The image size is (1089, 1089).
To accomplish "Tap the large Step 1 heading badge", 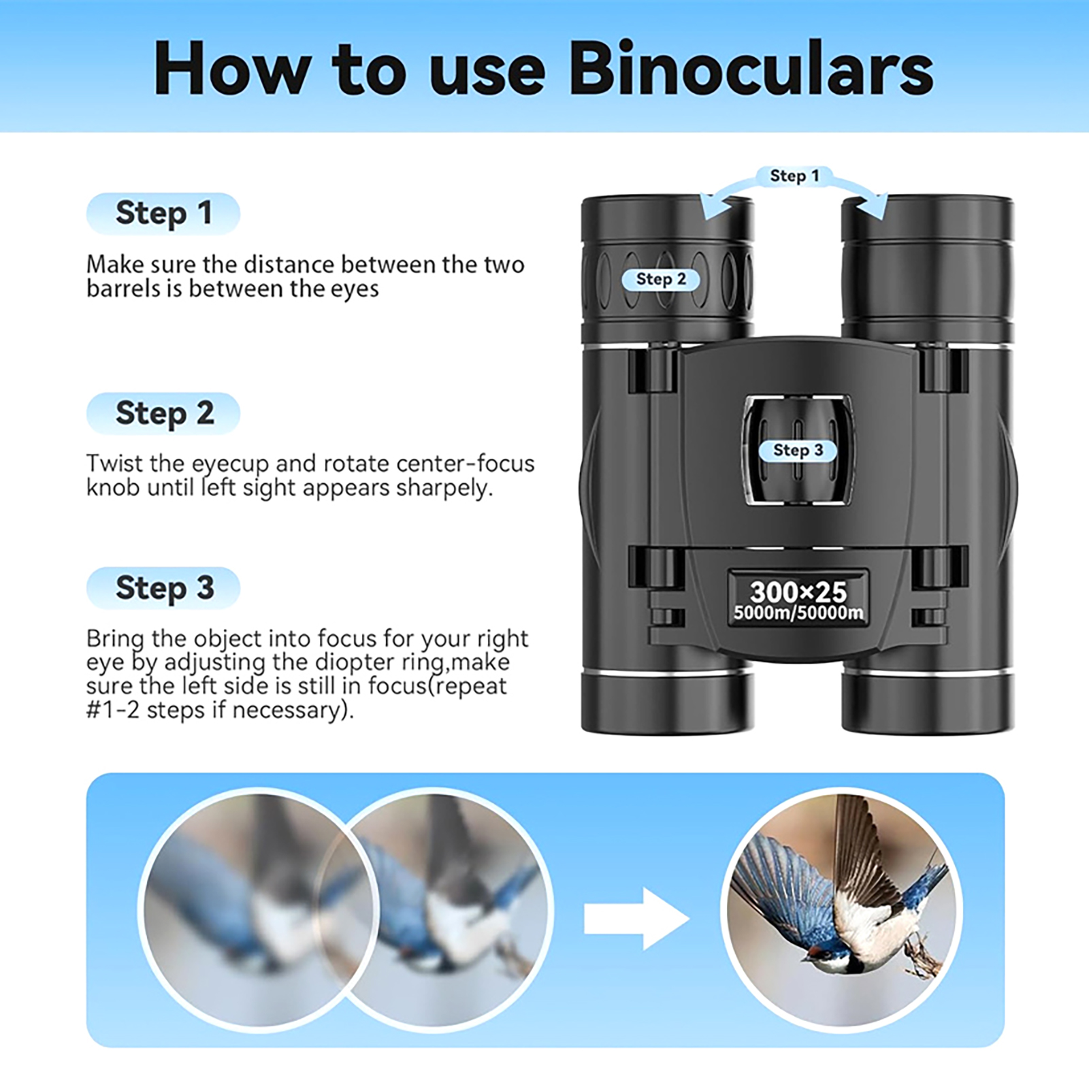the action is pyautogui.click(x=163, y=214).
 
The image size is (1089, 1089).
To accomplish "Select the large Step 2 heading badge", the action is pyautogui.click(x=163, y=414).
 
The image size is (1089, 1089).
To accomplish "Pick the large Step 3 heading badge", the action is pyautogui.click(x=163, y=588).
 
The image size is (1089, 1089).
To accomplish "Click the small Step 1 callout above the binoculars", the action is pyautogui.click(x=794, y=176).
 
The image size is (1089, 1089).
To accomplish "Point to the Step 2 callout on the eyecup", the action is pyautogui.click(x=661, y=279).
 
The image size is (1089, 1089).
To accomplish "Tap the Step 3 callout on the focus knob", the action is pyautogui.click(x=798, y=450).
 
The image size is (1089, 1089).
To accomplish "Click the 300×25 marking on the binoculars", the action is pyautogui.click(x=798, y=591).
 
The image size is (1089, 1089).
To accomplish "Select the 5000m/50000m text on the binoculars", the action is pyautogui.click(x=798, y=613).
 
